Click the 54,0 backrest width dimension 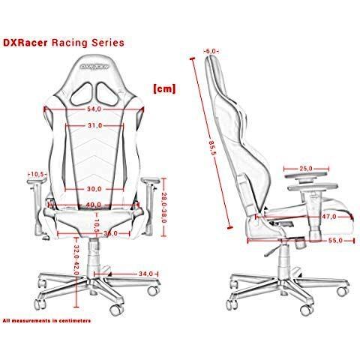tap(94, 109)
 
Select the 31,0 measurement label tap(95, 125)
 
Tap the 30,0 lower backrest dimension tap(94, 189)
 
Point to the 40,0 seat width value tap(94, 205)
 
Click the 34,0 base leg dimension tap(145, 274)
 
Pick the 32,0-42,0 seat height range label tap(76, 259)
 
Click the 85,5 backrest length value tap(212, 148)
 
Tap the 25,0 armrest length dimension tap(306, 169)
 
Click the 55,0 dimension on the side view tap(335, 241)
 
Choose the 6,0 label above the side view tap(211, 51)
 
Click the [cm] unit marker tap(164, 88)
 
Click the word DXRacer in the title tap(25, 43)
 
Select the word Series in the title tap(108, 43)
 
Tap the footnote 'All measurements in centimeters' tap(46, 320)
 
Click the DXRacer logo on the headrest tap(94, 67)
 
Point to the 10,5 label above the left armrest tap(37, 174)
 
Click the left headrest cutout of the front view tap(82, 94)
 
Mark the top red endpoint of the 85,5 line tap(192, 58)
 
